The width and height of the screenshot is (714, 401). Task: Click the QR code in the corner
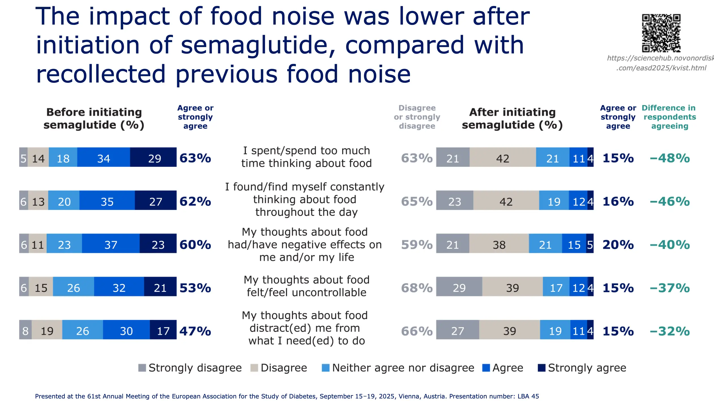(x=661, y=33)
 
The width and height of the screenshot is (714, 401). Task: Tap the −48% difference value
(x=670, y=158)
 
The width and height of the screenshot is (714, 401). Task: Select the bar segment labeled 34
(x=103, y=157)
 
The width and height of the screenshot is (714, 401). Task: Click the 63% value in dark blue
(x=195, y=158)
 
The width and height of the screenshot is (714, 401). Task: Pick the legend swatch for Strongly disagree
(x=142, y=368)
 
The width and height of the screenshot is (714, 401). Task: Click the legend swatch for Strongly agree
(x=541, y=368)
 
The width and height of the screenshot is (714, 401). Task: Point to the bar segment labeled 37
(x=110, y=243)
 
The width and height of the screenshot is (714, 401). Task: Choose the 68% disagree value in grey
(x=417, y=288)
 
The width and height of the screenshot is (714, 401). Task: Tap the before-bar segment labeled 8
(x=25, y=330)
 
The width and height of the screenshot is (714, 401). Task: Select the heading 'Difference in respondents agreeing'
(x=669, y=117)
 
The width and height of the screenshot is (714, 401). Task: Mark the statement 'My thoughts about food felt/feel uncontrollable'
(x=307, y=286)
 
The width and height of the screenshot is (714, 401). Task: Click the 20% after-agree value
(x=618, y=245)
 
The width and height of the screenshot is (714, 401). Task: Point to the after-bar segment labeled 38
(x=499, y=243)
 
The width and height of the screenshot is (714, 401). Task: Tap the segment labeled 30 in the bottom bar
(x=126, y=330)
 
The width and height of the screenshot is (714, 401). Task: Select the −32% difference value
(x=670, y=331)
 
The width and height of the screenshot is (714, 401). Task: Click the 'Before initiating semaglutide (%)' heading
(x=94, y=118)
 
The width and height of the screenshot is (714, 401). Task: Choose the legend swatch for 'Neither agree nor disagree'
(x=325, y=368)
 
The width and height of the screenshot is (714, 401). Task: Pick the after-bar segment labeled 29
(x=459, y=287)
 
